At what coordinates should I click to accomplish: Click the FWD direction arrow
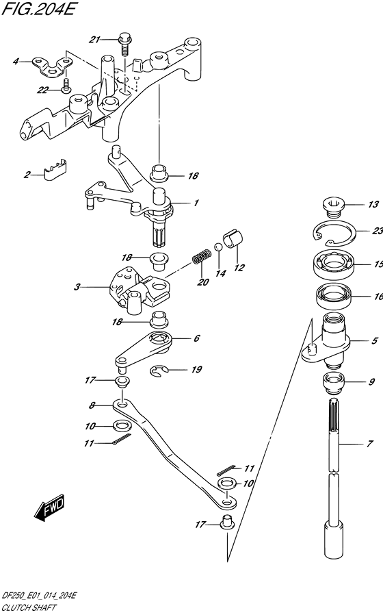click(49, 508)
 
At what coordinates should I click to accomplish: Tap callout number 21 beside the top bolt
click(94, 40)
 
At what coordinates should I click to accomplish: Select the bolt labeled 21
click(125, 45)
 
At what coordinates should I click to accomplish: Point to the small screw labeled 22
click(66, 85)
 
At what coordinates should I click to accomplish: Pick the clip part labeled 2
click(55, 171)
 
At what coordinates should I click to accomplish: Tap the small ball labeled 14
click(219, 247)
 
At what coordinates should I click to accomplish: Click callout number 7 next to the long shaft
click(369, 444)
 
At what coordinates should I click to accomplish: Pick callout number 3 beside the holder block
click(77, 287)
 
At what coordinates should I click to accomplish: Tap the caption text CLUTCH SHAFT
click(29, 608)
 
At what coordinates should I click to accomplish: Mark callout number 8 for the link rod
click(92, 405)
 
